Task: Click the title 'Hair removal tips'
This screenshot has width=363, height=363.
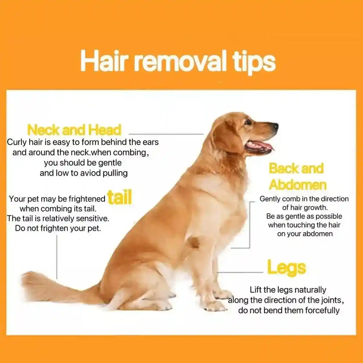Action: click(x=178, y=61)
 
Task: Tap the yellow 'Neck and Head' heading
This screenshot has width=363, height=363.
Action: click(x=74, y=130)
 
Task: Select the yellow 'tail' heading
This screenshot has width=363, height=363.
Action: click(x=120, y=198)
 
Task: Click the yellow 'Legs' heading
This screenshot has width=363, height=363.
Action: click(x=286, y=268)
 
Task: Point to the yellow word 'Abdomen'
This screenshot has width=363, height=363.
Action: click(x=298, y=185)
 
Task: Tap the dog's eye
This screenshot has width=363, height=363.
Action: click(x=248, y=122)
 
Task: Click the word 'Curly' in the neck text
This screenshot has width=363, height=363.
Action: click(x=17, y=142)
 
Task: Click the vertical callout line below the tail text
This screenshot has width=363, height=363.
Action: click(x=57, y=257)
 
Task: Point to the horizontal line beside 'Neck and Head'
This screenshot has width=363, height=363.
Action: click(x=166, y=134)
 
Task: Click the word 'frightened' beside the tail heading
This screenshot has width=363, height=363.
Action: click(x=87, y=199)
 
